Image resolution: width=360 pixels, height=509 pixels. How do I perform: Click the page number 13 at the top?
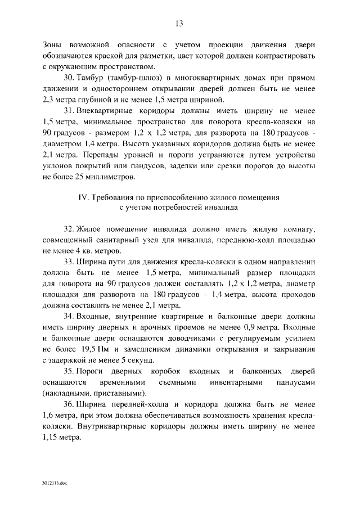179,23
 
